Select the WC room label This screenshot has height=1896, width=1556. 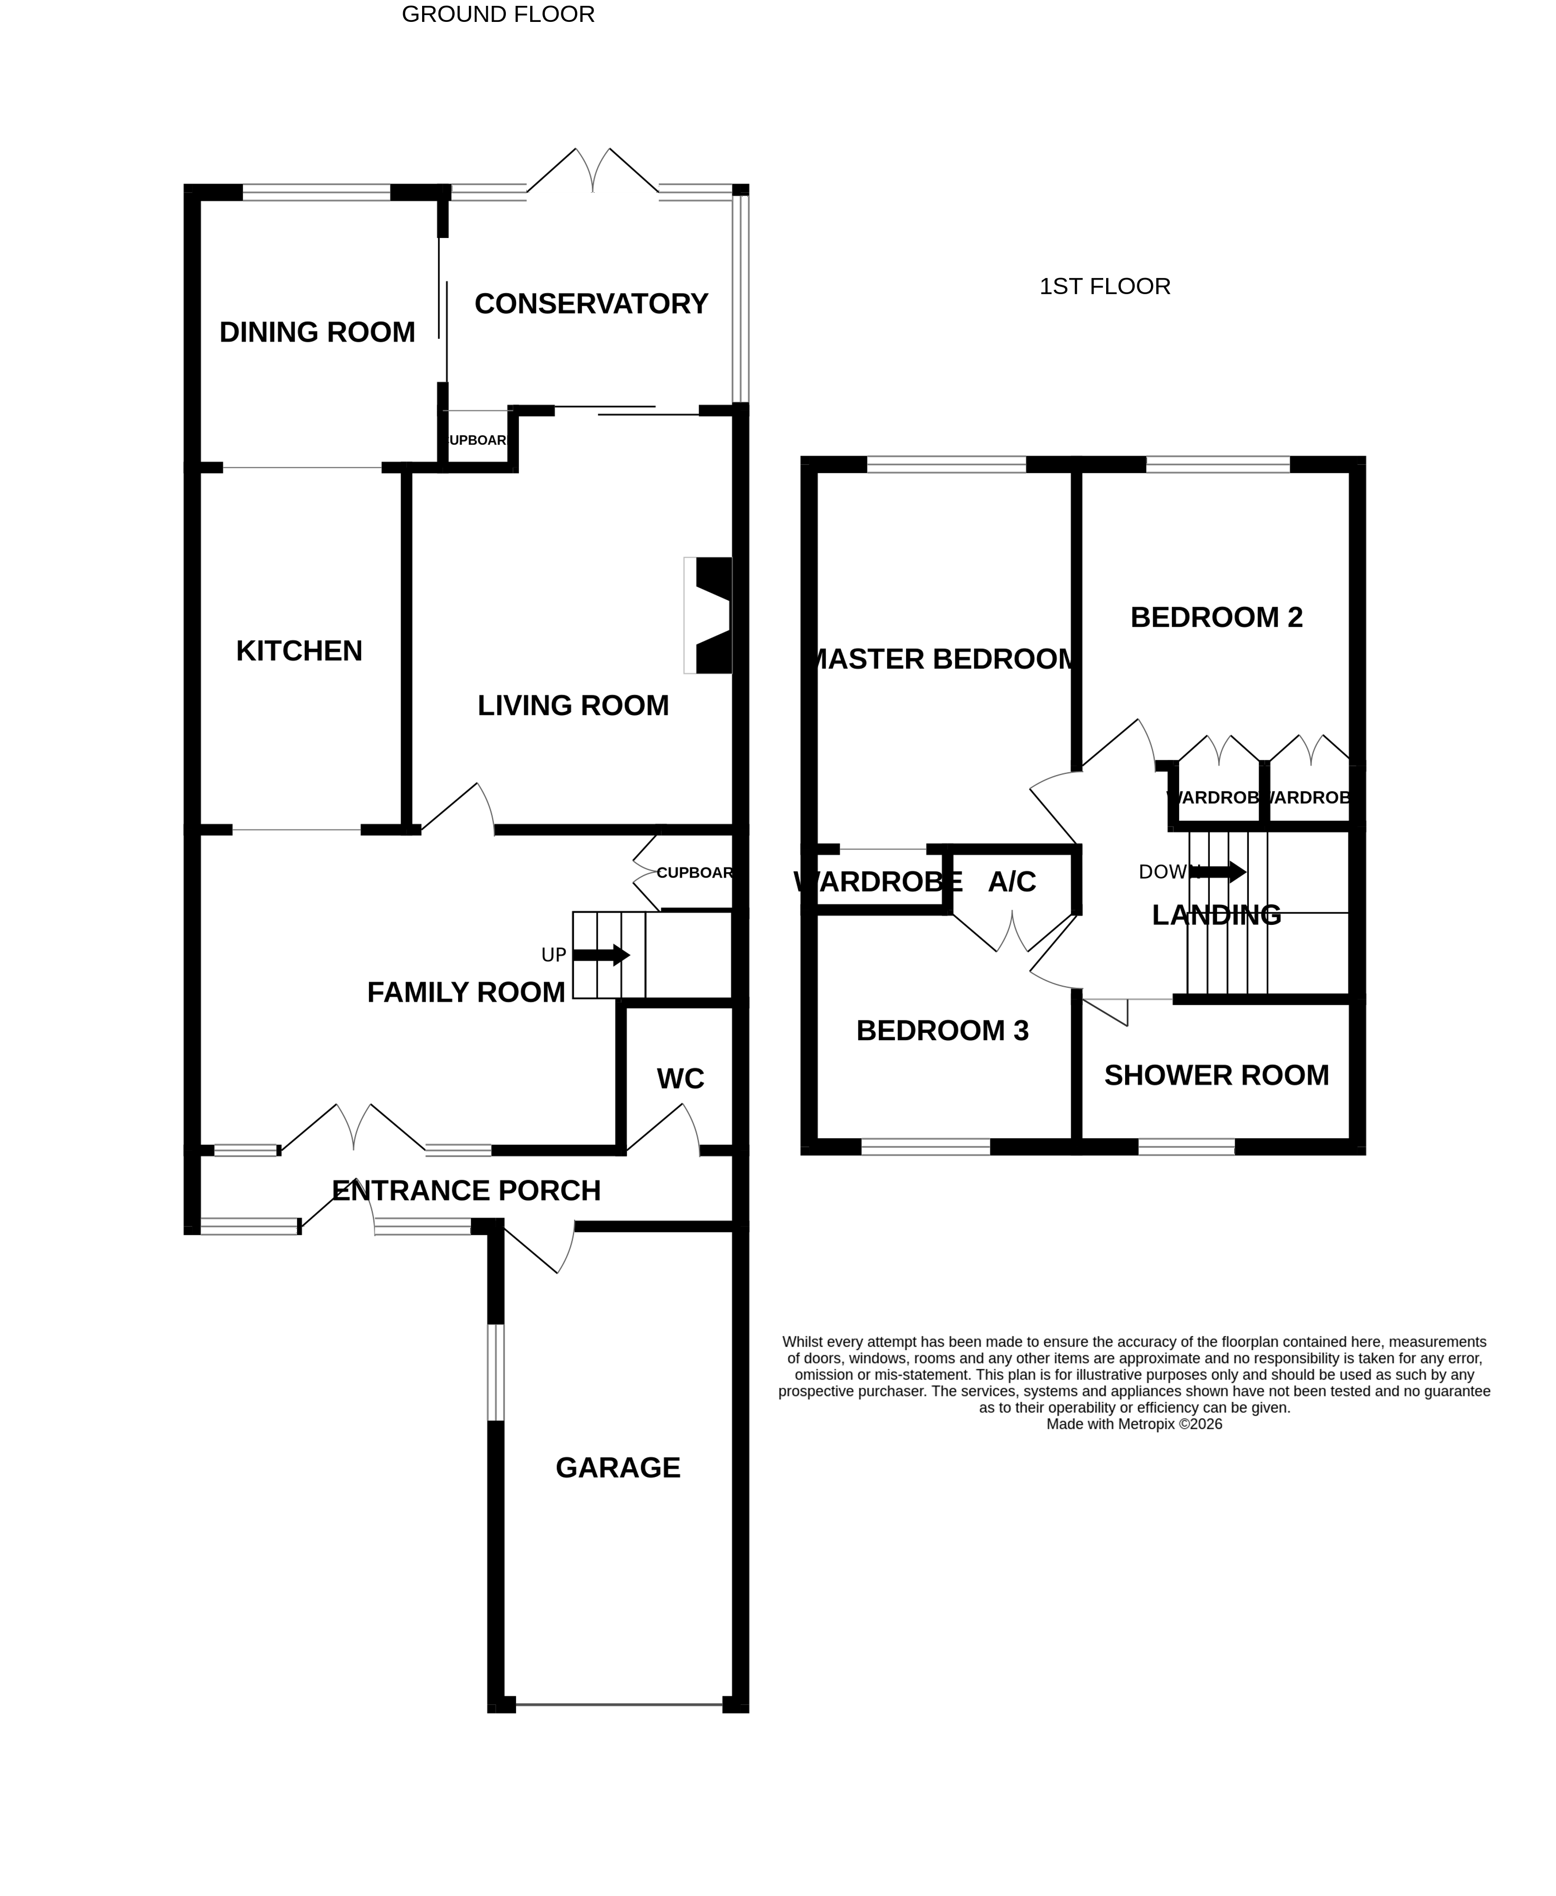[x=680, y=1079]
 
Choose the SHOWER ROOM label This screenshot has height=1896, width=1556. [x=1216, y=1075]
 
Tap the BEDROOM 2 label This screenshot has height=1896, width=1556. [x=1216, y=617]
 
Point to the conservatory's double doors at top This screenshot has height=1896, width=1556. [x=593, y=172]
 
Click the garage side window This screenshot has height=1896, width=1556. [x=496, y=1372]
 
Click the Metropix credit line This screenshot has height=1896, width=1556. [x=1134, y=1424]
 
